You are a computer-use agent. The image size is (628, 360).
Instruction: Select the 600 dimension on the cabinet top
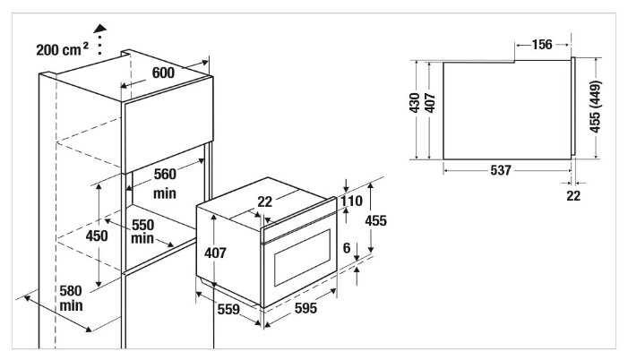coord(162,73)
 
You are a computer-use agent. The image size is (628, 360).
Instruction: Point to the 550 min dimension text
coord(142,231)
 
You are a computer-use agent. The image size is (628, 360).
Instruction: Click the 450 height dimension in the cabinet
coord(97,236)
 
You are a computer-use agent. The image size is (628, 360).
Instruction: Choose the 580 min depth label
coord(71,297)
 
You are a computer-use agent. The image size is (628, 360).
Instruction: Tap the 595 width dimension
coord(306,308)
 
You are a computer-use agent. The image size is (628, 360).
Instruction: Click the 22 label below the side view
coord(573,195)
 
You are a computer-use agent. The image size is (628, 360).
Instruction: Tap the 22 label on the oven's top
coord(264,202)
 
